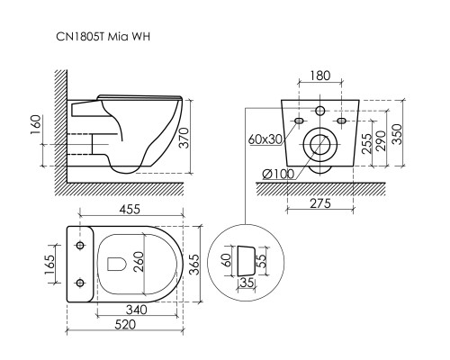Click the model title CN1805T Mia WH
[103, 37]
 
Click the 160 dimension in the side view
[36, 125]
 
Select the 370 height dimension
[185, 138]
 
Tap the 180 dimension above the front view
[320, 76]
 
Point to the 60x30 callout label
[265, 139]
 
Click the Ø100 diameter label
[278, 174]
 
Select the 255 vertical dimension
[367, 143]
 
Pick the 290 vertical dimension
[381, 140]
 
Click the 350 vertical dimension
[397, 134]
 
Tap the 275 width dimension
[320, 203]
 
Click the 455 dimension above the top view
[130, 209]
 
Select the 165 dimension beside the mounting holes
[49, 265]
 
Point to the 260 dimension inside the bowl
[139, 262]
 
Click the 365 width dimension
[195, 265]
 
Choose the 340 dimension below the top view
[137, 310]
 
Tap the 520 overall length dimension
[125, 324]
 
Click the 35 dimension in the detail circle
[247, 283]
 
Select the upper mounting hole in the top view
[80, 246]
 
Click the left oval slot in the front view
[299, 121]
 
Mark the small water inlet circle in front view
[320, 111]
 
